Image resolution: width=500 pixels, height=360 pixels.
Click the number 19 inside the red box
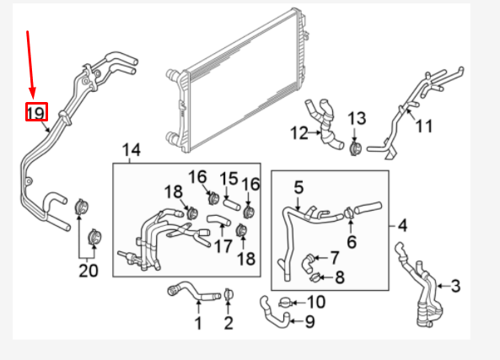35,111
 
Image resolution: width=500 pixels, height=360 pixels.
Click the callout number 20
89,270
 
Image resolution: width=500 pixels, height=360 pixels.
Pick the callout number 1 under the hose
198,323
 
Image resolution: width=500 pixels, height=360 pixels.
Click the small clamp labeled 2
228,295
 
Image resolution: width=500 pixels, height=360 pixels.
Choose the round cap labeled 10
288,301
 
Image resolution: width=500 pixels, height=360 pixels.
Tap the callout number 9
309,320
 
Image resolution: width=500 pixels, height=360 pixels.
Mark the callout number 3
455,287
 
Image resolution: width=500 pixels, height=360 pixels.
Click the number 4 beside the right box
402,225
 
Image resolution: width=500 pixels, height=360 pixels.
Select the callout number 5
298,185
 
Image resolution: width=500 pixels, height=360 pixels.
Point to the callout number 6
352,241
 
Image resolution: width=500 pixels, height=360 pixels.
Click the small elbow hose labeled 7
310,258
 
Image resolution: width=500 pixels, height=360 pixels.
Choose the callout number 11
423,126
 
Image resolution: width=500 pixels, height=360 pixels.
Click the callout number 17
222,247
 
